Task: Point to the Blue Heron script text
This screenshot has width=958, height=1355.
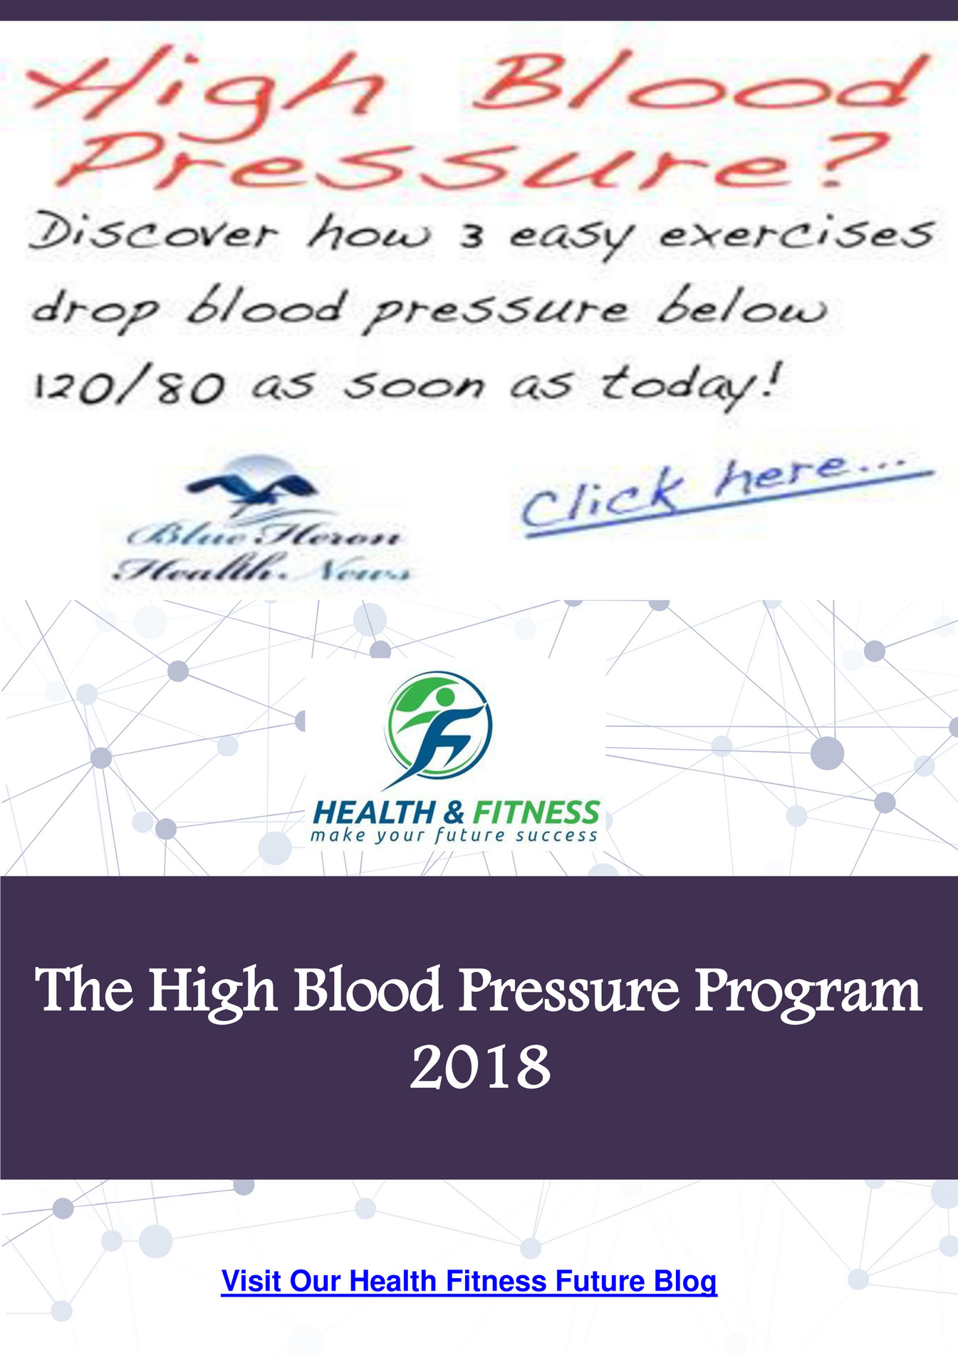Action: click(264, 535)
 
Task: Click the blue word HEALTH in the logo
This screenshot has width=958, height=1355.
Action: click(374, 812)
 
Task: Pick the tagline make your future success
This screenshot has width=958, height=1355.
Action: click(454, 835)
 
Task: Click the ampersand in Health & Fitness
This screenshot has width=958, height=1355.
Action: click(456, 812)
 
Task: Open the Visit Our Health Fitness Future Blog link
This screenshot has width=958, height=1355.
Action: click(469, 1281)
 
